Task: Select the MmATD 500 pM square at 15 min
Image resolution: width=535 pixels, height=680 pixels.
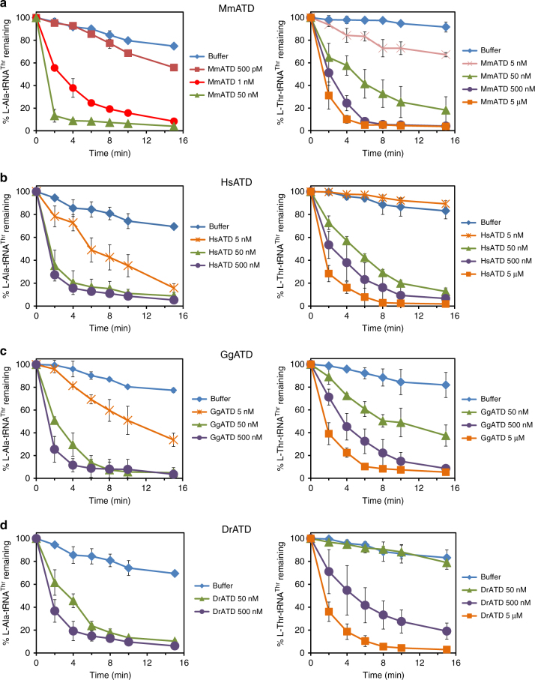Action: pos(174,67)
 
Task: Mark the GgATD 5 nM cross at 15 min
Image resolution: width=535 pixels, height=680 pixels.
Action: pos(174,440)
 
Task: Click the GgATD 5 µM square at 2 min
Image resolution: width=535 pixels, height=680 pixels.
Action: pos(327,433)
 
